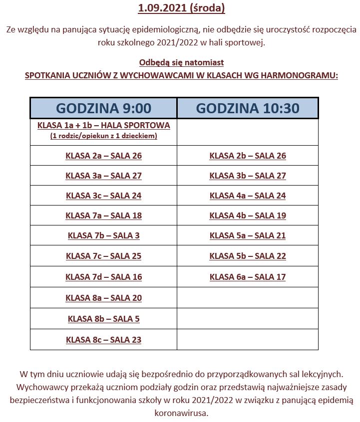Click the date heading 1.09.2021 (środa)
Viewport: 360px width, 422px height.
point(181,8)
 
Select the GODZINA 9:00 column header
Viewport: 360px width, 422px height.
point(103,108)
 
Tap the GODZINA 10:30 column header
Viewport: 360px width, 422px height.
point(248,108)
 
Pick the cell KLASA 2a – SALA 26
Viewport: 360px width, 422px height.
point(103,156)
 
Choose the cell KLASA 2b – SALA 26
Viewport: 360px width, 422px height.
point(248,156)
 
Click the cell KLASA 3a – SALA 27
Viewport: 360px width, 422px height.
point(103,176)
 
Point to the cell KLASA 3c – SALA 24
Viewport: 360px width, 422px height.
point(103,196)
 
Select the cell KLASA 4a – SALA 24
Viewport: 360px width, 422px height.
point(248,196)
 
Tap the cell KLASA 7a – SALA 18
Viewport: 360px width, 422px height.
point(103,215)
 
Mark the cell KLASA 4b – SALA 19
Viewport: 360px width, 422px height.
point(248,215)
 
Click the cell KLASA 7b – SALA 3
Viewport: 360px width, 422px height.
point(103,235)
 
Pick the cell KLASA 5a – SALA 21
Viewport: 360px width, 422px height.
point(248,235)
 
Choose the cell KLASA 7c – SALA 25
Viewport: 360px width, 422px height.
point(103,256)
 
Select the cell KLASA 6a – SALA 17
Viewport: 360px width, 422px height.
point(248,277)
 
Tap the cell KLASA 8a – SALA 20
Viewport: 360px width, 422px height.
point(103,298)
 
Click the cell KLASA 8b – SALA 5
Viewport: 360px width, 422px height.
point(103,319)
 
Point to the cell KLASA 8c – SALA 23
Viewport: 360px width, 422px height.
point(103,340)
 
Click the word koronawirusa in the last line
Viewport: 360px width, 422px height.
point(181,413)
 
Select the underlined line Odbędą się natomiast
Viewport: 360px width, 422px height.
point(181,62)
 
